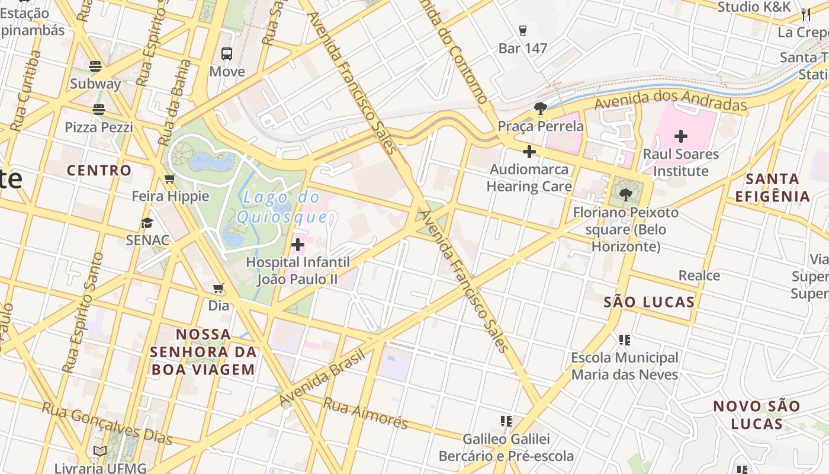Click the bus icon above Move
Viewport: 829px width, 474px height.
click(x=227, y=54)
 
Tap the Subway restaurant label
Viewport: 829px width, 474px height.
click(x=95, y=84)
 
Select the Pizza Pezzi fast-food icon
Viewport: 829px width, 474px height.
click(x=98, y=109)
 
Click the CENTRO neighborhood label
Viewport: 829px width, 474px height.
click(x=99, y=171)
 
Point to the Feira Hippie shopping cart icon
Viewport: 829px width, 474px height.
click(x=170, y=179)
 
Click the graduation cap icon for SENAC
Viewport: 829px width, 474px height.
click(x=147, y=223)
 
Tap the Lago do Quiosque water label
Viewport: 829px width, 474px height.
click(x=282, y=207)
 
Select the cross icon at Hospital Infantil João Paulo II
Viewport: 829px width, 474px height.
click(x=298, y=244)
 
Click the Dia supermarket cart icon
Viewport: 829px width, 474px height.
click(x=219, y=289)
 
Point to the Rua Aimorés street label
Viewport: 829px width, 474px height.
click(x=365, y=413)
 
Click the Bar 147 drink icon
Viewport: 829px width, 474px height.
click(x=522, y=30)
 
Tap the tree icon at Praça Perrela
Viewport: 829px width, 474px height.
click(x=540, y=108)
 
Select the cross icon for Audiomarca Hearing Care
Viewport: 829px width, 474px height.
click(x=529, y=152)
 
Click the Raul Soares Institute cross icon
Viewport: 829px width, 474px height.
click(x=681, y=136)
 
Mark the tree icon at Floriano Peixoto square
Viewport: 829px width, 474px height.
click(x=626, y=194)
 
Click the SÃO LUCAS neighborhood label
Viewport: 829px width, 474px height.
click(x=649, y=302)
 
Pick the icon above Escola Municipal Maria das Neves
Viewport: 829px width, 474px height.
click(x=624, y=340)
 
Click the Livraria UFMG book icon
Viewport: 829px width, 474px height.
click(x=100, y=451)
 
